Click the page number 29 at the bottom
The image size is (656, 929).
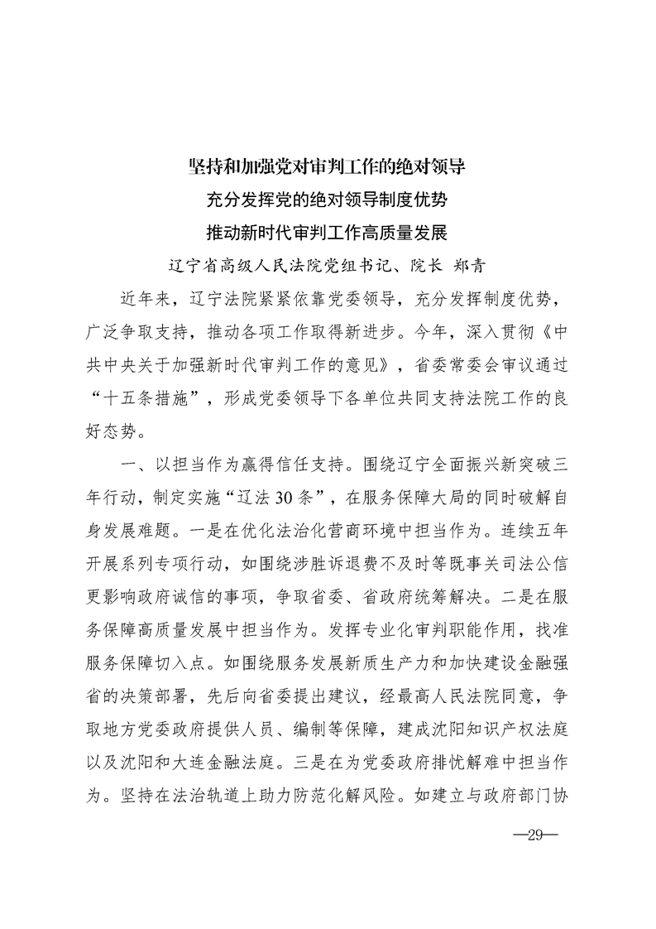(x=537, y=830)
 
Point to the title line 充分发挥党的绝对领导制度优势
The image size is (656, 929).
(x=328, y=200)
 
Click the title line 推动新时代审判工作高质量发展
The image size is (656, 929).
(x=328, y=233)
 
